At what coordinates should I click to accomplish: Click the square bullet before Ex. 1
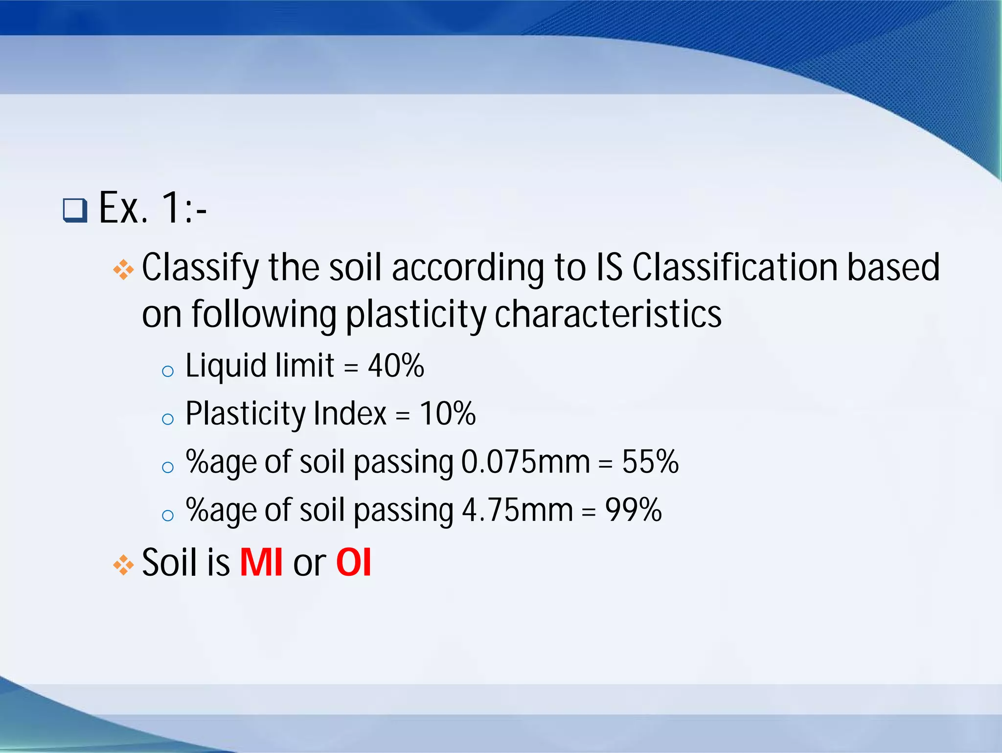pos(75,211)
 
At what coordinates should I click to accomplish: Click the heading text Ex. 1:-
pos(153,209)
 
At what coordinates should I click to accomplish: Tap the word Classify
pos(200,268)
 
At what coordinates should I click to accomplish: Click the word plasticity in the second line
pos(416,314)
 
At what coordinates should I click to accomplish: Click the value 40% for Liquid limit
pos(396,365)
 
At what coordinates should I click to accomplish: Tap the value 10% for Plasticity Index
pos(448,413)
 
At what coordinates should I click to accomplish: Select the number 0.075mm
pos(525,462)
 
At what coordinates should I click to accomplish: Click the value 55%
pos(650,462)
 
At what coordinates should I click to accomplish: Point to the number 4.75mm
pos(517,510)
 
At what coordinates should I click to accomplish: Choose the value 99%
pos(634,510)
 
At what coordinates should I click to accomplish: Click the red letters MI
pos(261,562)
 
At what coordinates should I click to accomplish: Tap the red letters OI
pos(354,562)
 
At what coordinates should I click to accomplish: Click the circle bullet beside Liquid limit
pos(168,371)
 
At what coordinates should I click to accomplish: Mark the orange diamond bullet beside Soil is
pos(123,565)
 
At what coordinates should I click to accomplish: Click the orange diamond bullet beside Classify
pos(123,270)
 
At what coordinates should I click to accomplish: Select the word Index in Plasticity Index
pos(350,413)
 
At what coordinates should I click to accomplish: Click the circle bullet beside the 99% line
pos(168,516)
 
